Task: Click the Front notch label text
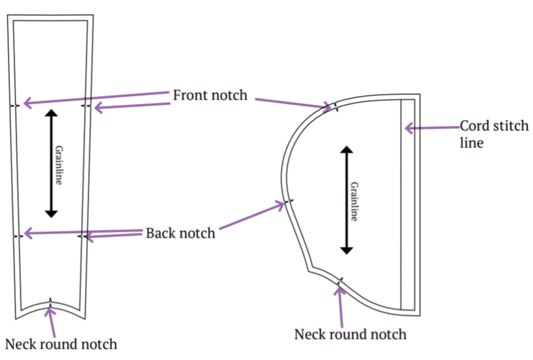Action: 210,96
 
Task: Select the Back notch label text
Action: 180,233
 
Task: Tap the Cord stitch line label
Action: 493,134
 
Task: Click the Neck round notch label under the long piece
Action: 61,344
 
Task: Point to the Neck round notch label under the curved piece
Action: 350,334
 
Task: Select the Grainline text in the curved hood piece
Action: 354,202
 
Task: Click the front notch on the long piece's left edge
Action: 16,105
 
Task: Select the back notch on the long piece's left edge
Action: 17,236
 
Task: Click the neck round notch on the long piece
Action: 50,302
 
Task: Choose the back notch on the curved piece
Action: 288,202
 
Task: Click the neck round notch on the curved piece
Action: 340,282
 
